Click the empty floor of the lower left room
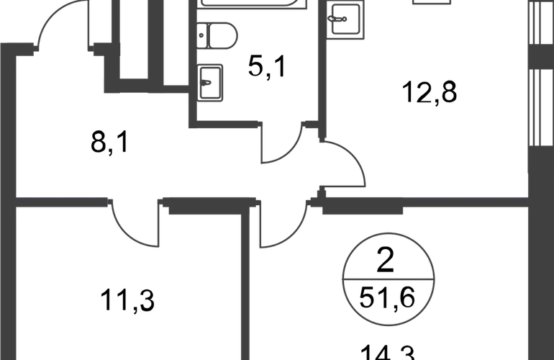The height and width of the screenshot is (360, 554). click(x=122, y=302)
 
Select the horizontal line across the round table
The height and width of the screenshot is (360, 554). click(x=389, y=278)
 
